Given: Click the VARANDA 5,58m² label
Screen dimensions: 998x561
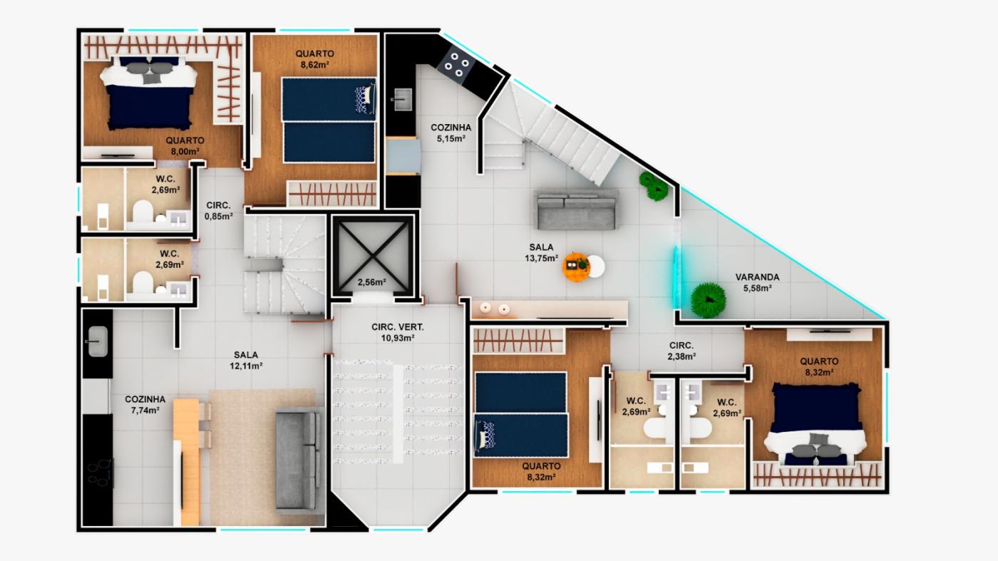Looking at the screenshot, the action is click(x=757, y=282).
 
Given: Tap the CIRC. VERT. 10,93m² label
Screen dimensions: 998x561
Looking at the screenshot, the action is click(x=398, y=332).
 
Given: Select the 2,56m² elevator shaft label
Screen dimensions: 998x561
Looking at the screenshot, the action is click(x=371, y=282).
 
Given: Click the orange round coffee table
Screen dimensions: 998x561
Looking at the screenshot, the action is click(x=576, y=267).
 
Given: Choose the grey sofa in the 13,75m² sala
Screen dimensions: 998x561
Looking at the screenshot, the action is click(x=577, y=210).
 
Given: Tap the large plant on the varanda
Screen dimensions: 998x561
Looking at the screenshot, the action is click(x=708, y=300).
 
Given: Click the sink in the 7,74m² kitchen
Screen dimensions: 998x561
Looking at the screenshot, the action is click(x=98, y=341).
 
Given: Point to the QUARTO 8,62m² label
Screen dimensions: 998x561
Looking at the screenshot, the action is click(x=314, y=59).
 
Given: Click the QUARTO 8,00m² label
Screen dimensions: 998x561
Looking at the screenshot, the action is click(x=185, y=145).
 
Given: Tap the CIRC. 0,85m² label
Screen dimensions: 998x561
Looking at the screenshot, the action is click(x=218, y=211).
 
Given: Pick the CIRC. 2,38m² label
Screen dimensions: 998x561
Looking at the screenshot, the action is click(x=681, y=351).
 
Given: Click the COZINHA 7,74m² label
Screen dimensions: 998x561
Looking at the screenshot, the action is click(x=145, y=405).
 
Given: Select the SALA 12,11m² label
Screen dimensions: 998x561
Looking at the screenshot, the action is click(x=246, y=361).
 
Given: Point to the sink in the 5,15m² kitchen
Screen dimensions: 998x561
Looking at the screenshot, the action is click(x=403, y=99).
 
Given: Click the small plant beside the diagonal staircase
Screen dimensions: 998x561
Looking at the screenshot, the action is click(x=654, y=186).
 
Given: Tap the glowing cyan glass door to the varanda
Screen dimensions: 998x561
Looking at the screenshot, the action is click(x=676, y=277).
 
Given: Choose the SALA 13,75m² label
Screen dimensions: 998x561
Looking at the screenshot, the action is click(x=541, y=252).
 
